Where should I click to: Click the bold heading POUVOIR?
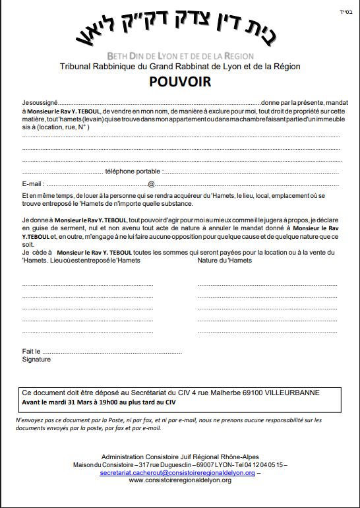pyautogui.click(x=180, y=82)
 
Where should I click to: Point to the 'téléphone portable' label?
pyautogui.click(x=133, y=172)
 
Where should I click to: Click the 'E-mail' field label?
pyautogui.click(x=33, y=184)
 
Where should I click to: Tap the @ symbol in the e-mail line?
pyautogui.click(x=151, y=184)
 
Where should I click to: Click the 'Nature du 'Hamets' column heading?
pyautogui.click(x=224, y=261)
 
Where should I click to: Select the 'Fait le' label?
pyautogui.click(x=32, y=352)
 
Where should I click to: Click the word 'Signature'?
pyautogui.click(x=36, y=360)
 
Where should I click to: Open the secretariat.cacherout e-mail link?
pyautogui.click(x=177, y=473)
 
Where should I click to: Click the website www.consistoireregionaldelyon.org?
pyautogui.click(x=180, y=480)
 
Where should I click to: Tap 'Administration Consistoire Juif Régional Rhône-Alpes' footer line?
pyautogui.click(x=180, y=457)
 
